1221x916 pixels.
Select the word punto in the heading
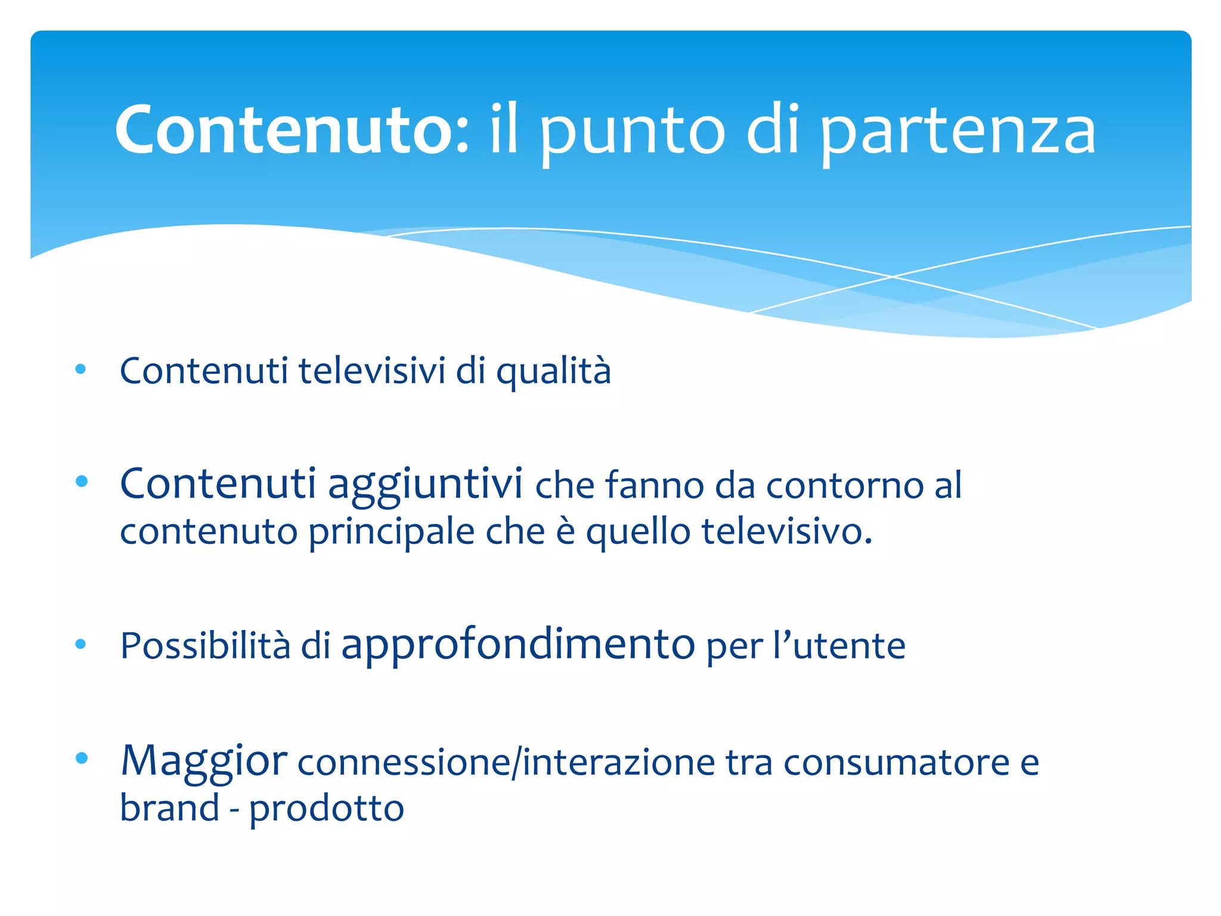[632, 132]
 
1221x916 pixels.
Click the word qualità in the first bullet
[554, 371]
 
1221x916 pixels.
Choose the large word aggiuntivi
[425, 484]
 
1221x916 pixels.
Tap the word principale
[392, 532]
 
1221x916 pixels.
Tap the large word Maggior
[204, 761]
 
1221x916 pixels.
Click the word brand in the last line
[170, 808]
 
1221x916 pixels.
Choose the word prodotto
[327, 809]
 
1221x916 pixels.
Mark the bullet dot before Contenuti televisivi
[81, 369]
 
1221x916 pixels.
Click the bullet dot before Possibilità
[81, 644]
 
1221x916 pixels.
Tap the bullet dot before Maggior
[82, 758]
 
